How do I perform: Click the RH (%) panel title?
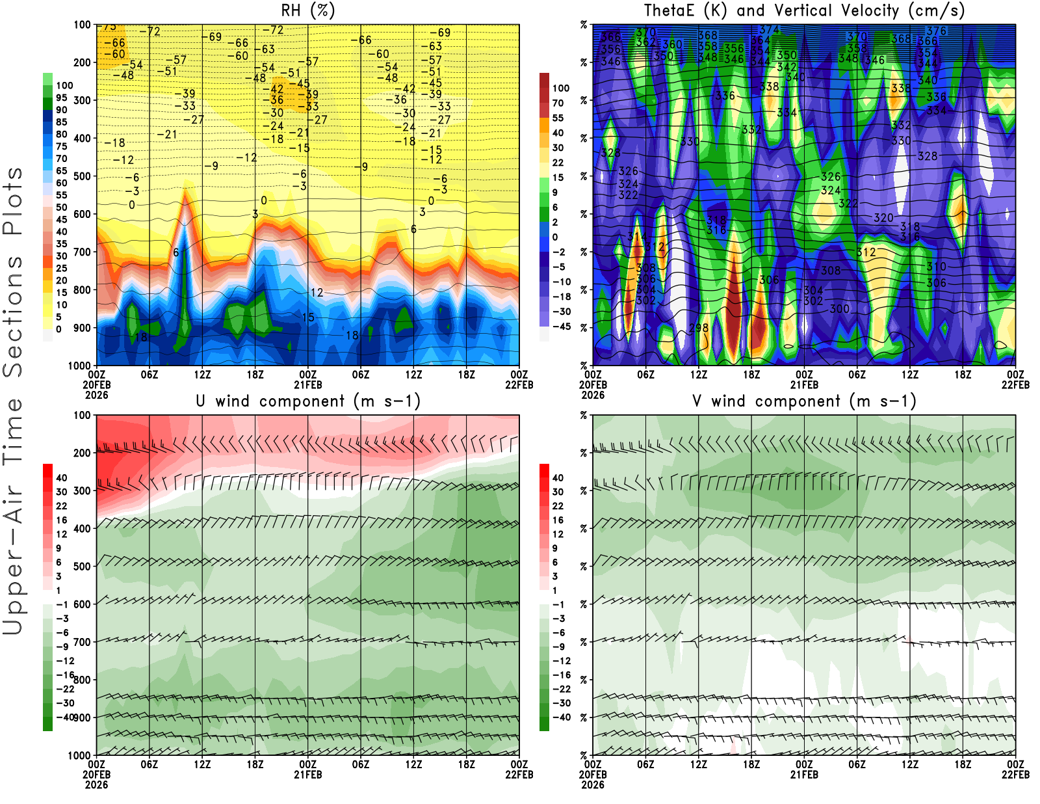pos(308,10)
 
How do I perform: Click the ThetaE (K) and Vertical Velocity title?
pos(804,10)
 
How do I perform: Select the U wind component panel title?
pos(308,401)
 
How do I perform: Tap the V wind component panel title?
pos(804,401)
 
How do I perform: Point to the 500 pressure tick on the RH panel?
pos(82,176)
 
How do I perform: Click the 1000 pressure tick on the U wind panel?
pos(79,756)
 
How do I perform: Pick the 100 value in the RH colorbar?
pos(64,86)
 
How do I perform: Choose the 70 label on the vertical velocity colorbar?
pos(558,103)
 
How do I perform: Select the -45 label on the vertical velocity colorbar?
pos(561,327)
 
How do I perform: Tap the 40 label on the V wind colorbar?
pos(558,478)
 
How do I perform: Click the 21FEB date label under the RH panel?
pos(308,384)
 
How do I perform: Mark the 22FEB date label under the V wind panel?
pos(1015,775)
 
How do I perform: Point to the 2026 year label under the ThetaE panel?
pos(593,395)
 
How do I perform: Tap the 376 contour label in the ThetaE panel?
pos(937,31)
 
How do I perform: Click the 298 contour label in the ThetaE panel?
pos(699,327)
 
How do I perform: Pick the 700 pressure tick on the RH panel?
pos(82,252)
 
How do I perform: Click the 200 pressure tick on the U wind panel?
pos(82,453)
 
